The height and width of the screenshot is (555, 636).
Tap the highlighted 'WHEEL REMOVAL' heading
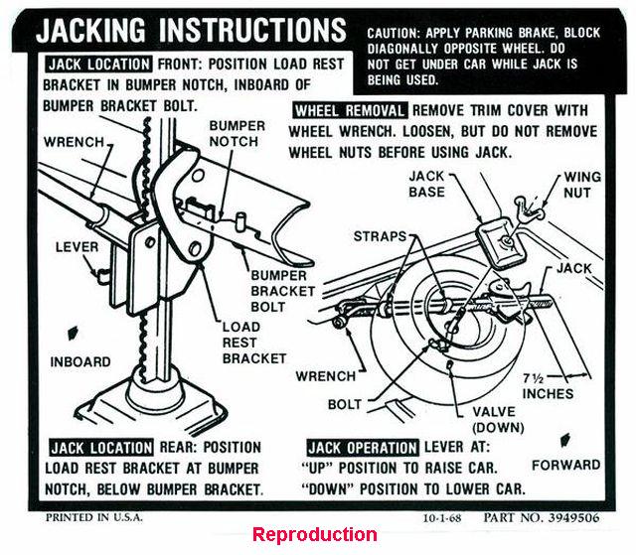[349, 111]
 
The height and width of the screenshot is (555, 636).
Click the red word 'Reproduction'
[314, 535]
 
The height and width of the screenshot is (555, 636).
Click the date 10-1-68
[445, 518]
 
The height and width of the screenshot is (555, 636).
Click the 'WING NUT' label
[582, 185]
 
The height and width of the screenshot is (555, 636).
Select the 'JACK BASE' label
[427, 184]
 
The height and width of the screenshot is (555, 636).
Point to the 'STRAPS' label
[381, 236]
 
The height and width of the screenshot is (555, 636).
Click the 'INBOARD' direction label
[80, 361]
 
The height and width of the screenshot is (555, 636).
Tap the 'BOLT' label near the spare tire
[345, 405]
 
